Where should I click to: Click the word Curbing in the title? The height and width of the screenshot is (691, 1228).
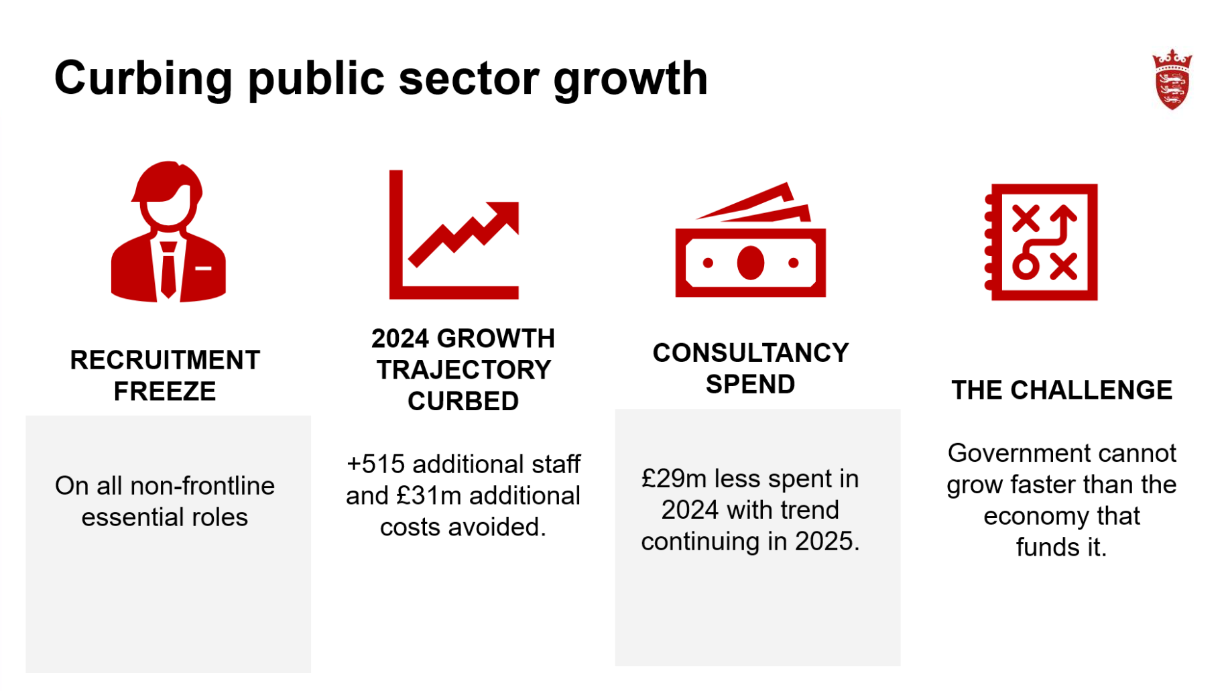coord(143,79)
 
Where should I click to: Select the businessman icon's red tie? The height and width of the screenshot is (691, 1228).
coord(168,271)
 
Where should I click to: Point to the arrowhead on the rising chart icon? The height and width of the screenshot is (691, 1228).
coord(506,214)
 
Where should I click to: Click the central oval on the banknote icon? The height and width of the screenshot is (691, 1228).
coord(750,263)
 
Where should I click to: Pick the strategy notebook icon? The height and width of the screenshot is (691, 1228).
coord(1041,242)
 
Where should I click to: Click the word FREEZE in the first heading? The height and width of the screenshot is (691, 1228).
coord(165,391)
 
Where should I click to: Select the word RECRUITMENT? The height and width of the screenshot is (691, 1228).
coord(165,360)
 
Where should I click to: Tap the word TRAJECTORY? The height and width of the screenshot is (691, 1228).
coord(463,370)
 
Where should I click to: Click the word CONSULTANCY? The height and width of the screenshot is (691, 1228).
coord(750,353)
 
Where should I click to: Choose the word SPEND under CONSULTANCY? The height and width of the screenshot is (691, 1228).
coord(750,385)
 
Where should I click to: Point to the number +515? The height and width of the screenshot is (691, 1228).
coord(375,464)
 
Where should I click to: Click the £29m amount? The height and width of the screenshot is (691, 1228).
coord(674,479)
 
